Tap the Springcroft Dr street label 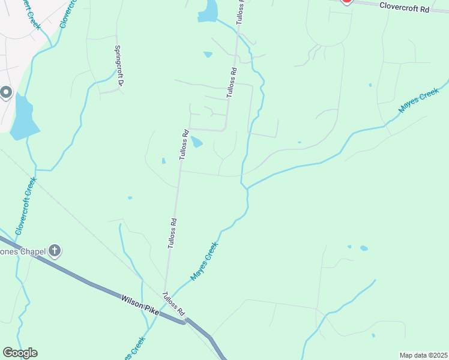tap(118, 67)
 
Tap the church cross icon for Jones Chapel tap(55, 250)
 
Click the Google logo tap(20, 353)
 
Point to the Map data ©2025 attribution tap(423, 355)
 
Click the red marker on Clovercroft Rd tap(346, 2)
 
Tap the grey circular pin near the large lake tap(6, 92)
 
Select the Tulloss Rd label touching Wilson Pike tap(173, 304)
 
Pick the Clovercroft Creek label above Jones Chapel tap(26, 205)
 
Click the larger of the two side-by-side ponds tap(364, 248)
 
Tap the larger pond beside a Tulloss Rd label tap(197, 142)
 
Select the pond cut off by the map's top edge tap(208, 11)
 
